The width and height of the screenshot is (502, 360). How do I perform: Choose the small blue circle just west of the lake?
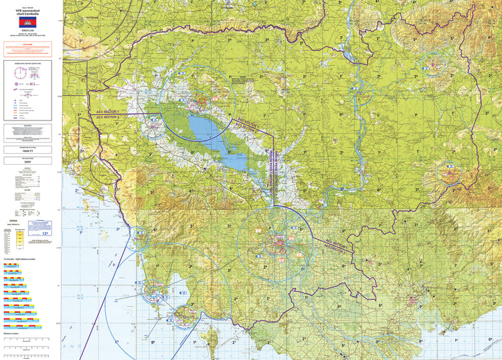click(154, 123)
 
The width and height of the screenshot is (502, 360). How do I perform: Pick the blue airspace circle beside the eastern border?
click(449, 174)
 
